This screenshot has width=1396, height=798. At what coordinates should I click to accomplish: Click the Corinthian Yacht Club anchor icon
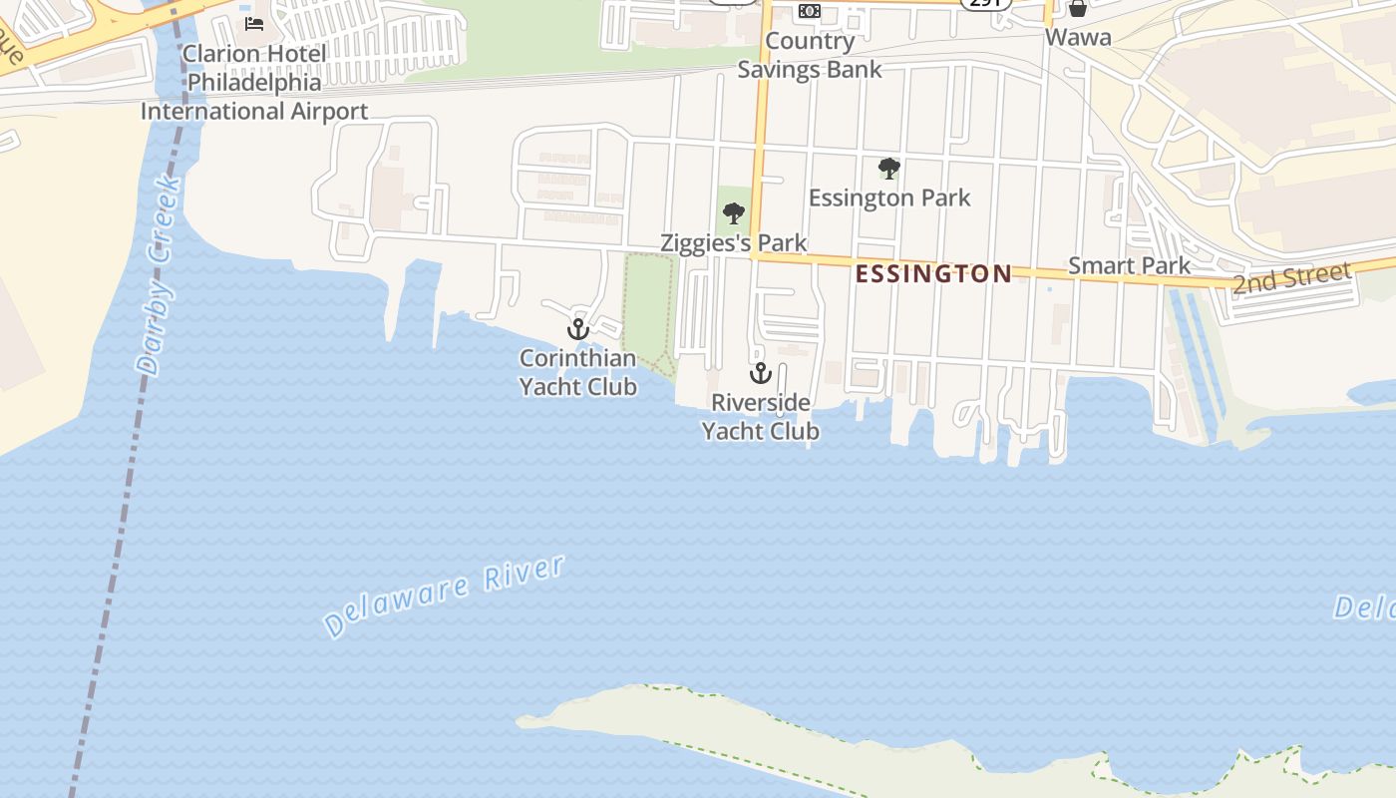click(578, 328)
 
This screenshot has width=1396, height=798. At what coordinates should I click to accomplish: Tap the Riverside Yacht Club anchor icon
click(761, 373)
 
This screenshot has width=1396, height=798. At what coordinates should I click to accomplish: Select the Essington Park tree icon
click(888, 169)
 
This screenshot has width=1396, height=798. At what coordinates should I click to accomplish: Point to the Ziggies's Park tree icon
click(734, 212)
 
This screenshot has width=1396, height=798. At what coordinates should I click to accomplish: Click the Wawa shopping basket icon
click(1078, 9)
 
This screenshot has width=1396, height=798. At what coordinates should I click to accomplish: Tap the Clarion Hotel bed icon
click(254, 23)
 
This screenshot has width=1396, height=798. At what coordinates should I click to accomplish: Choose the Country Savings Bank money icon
click(810, 10)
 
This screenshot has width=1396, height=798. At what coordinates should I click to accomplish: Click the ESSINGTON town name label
click(933, 273)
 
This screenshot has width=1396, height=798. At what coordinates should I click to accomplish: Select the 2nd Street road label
click(1291, 278)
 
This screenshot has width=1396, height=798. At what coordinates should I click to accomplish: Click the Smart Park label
click(1129, 265)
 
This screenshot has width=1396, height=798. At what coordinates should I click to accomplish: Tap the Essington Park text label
click(889, 198)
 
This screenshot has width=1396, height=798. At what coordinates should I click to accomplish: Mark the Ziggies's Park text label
click(734, 242)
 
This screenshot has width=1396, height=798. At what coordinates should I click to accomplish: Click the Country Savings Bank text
click(810, 55)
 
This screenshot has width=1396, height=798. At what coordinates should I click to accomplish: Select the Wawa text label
click(1078, 38)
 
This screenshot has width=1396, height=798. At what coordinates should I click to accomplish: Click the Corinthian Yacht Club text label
click(578, 372)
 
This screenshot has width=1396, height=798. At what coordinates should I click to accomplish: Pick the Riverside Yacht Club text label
click(761, 416)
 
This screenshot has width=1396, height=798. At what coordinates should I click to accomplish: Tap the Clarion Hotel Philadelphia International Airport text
click(254, 82)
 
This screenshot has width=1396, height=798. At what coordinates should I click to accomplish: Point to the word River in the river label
click(524, 573)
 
